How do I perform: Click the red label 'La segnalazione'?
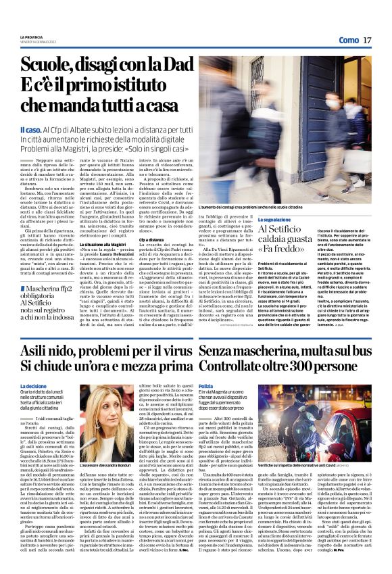[277, 221]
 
